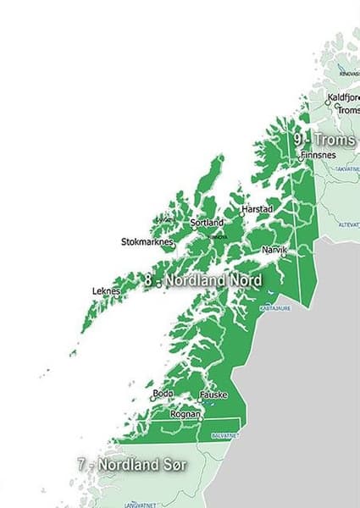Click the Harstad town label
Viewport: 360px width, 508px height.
255,207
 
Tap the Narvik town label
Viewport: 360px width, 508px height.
275,251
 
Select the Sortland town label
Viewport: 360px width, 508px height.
208,223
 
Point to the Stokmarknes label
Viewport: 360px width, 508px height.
147,242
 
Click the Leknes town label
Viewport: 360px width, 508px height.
106,291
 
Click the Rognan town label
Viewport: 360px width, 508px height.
186,414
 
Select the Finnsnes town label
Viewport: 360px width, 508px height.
318,156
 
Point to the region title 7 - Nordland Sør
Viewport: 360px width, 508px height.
130,465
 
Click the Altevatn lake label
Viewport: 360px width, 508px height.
348,225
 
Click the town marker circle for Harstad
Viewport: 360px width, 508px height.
241,213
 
